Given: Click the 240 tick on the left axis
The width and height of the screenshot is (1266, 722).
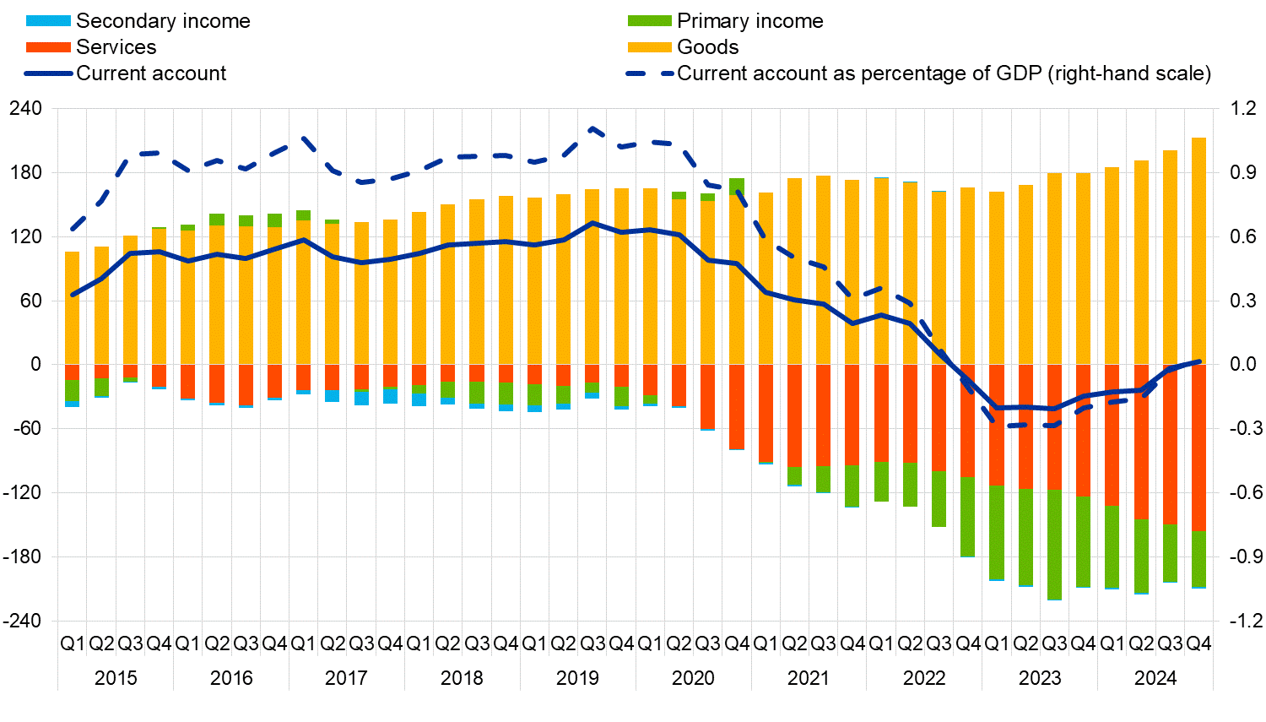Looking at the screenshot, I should click(25, 108).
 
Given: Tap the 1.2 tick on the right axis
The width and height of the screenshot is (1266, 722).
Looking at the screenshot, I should click(1242, 108).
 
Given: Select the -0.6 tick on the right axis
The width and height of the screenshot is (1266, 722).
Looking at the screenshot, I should click(1242, 492).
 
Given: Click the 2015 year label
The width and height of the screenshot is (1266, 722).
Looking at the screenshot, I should click(116, 677).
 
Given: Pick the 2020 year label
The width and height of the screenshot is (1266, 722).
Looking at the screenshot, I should click(693, 677).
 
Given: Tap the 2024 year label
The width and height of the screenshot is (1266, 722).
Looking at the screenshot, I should click(1155, 677).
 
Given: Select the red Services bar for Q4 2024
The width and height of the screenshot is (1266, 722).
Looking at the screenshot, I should click(1198, 448).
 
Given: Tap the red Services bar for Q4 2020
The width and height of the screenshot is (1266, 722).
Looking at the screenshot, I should click(737, 406).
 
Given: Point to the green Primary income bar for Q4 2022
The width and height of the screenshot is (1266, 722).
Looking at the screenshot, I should click(967, 517).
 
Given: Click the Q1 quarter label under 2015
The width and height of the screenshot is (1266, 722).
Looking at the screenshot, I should click(73, 643).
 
